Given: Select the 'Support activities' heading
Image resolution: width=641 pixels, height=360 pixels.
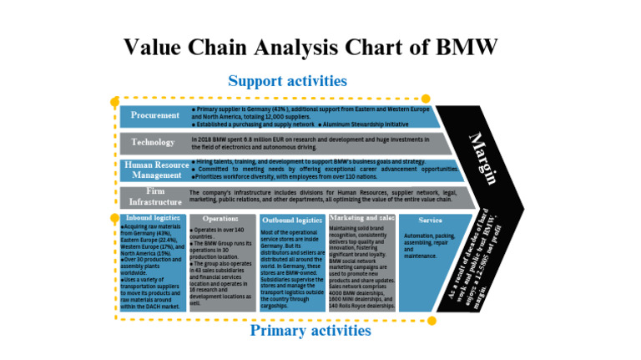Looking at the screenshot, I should (x=287, y=81).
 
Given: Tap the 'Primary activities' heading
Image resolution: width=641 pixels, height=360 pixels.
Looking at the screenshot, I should (x=310, y=330).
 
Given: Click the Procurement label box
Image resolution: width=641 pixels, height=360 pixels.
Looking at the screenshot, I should (x=154, y=115).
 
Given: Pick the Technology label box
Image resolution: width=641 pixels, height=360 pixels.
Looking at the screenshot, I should (x=154, y=142).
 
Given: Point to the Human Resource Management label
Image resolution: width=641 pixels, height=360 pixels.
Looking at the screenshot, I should (x=154, y=170).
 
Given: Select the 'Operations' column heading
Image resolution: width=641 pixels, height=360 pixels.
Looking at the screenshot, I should (x=221, y=219).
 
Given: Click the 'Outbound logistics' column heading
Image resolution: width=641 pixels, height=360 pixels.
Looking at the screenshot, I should (x=291, y=219).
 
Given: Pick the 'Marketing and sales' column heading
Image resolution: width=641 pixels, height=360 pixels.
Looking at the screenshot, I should (x=361, y=218).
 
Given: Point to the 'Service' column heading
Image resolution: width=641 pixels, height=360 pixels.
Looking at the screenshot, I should (x=430, y=220).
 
